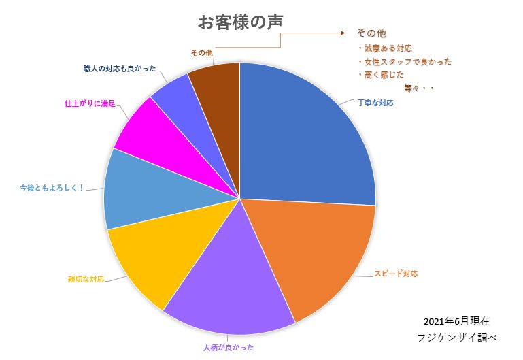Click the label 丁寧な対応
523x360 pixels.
click(x=375, y=103)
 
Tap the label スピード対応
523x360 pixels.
click(x=395, y=274)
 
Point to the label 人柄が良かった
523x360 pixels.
click(x=229, y=348)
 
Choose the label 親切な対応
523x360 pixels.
click(x=86, y=279)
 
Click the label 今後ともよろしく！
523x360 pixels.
click(x=52, y=188)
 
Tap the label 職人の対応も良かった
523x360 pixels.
click(x=118, y=69)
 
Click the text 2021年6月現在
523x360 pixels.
click(x=456, y=321)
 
